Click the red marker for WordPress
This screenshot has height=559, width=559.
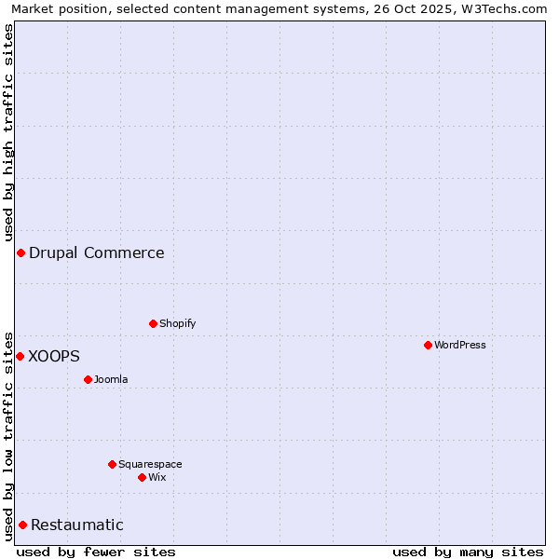[x=428, y=345]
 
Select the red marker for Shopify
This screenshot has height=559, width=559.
[x=153, y=323]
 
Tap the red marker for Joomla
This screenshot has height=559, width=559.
[x=88, y=379]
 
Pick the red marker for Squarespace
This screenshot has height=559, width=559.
[x=112, y=464]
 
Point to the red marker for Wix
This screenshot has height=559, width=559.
[x=142, y=477]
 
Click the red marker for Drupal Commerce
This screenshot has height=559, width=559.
[x=20, y=252]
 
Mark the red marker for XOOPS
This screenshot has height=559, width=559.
[x=20, y=356]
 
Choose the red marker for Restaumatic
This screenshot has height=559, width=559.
[x=22, y=525]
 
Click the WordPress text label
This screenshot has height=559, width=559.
[x=460, y=345]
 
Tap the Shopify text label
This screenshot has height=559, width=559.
[x=177, y=323]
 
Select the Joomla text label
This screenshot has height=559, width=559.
[x=111, y=379]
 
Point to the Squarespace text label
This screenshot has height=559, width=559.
[x=150, y=464]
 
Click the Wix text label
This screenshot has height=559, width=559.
[x=157, y=477]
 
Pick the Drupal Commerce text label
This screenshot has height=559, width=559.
[x=97, y=252]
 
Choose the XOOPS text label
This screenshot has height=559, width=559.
[x=54, y=356]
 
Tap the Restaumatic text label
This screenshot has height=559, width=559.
[x=77, y=525]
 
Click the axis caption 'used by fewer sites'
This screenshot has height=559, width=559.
[x=96, y=552]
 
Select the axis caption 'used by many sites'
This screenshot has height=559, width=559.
[x=468, y=552]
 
